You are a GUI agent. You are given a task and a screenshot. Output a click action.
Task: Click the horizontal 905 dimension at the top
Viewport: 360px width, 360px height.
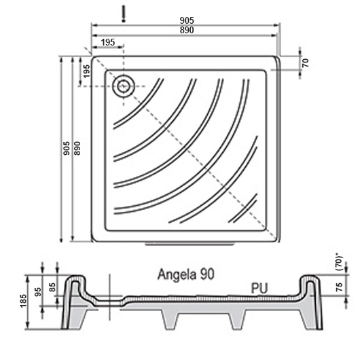[187, 20]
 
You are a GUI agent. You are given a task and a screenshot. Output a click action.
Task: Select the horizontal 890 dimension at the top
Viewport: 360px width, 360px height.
[187, 30]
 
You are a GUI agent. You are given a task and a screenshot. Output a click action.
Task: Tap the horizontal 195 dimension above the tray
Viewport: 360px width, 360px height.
[108, 42]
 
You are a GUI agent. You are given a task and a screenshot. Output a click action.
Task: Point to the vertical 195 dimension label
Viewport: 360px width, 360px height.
[86, 71]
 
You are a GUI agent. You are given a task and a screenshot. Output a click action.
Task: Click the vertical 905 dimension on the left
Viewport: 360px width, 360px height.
[67, 148]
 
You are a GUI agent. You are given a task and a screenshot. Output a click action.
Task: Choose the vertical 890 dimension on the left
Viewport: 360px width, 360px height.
[77, 148]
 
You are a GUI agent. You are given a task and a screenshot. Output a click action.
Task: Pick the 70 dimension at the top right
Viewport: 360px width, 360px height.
[306, 63]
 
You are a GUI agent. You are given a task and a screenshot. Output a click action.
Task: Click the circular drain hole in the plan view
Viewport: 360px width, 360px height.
[124, 86]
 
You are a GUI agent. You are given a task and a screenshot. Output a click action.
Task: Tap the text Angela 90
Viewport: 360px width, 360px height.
[185, 274]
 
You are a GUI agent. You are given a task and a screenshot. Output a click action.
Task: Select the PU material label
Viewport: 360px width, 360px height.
[259, 289]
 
